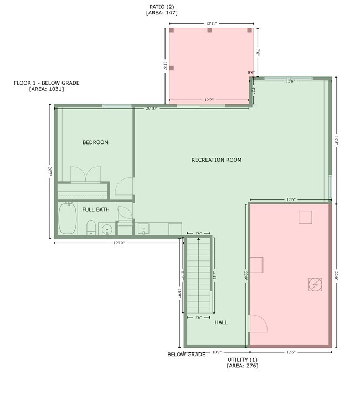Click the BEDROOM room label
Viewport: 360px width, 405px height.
pos(95,142)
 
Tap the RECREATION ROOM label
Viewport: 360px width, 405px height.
pos(217,160)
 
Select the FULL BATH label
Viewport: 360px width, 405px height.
pos(96,209)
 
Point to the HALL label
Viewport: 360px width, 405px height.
pos(221,322)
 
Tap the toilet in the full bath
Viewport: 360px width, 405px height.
pos(91,227)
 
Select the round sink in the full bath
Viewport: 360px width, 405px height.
pos(107,228)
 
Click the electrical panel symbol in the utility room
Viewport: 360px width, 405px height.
pos(315,284)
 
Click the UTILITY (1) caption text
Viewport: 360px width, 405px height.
pos(242,360)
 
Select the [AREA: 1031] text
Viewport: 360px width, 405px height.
pos(47,89)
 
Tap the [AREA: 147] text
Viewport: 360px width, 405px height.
pos(162,12)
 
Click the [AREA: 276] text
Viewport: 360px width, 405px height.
pos(242,366)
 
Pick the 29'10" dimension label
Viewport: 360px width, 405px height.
pos(151,109)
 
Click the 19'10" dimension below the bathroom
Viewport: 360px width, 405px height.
pos(119,242)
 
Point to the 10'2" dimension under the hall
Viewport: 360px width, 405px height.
pos(217,352)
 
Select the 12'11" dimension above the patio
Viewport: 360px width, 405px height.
pos(210,24)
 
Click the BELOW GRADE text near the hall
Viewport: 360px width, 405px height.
pos(186,355)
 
